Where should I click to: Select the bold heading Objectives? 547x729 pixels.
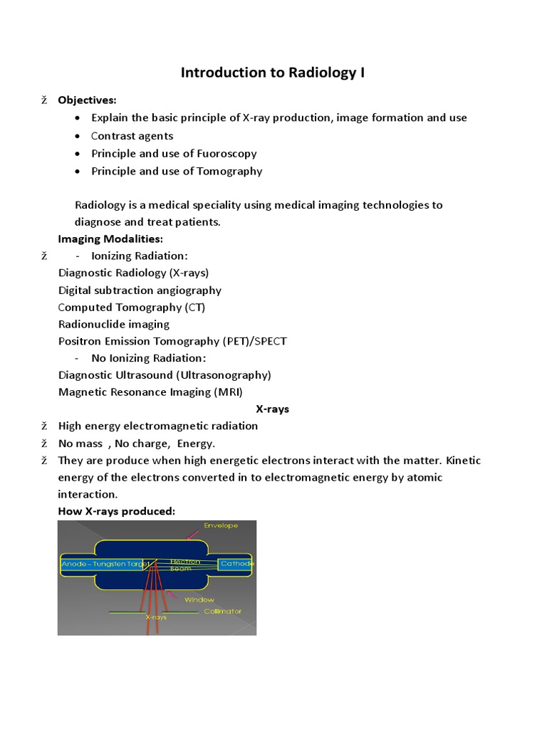click(x=87, y=100)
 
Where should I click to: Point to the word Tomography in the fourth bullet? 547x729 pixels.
click(x=228, y=171)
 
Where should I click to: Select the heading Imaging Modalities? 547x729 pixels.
click(x=110, y=238)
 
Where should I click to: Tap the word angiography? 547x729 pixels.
click(x=187, y=290)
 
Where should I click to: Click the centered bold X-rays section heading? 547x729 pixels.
click(x=273, y=409)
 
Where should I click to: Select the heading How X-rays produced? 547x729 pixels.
click(x=116, y=511)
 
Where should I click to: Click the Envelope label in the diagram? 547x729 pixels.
click(x=221, y=525)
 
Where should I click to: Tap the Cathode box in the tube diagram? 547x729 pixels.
click(x=236, y=564)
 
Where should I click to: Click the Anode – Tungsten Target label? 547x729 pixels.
click(x=105, y=564)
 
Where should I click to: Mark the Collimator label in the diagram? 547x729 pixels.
click(x=222, y=611)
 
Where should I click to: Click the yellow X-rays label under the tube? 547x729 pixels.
click(x=156, y=617)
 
